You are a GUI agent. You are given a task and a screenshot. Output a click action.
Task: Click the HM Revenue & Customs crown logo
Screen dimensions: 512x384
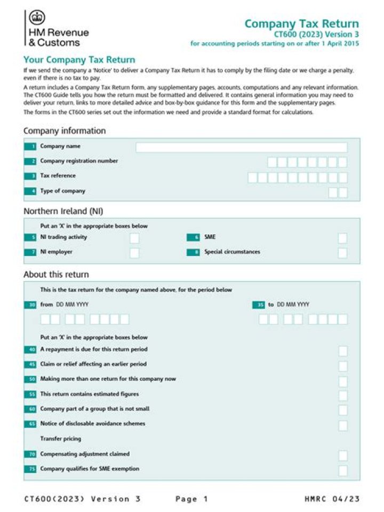coord(37,18)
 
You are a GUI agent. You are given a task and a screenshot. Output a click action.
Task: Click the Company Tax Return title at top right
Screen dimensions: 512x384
coord(301,24)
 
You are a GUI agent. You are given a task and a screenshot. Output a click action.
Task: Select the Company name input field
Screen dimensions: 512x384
coord(241,147)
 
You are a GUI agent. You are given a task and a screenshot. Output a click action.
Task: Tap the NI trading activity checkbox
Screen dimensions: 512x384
coord(134,238)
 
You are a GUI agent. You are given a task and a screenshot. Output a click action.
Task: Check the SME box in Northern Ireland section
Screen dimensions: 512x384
coord(342,238)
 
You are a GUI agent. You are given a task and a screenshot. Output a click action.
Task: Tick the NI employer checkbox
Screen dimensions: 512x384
coord(134,253)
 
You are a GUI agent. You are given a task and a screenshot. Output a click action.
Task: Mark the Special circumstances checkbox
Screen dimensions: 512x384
coord(342,253)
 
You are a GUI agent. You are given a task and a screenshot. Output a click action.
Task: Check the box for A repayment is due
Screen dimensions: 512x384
coord(343,350)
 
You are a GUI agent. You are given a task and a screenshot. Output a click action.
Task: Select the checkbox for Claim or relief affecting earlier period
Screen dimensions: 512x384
coord(343,366)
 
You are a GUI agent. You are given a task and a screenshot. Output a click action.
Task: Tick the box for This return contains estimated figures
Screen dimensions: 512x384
coord(343,395)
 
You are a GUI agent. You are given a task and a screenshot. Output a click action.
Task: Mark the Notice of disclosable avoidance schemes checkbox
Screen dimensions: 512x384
coord(343,425)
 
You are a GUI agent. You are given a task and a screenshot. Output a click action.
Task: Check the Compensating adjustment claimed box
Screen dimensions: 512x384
coord(343,455)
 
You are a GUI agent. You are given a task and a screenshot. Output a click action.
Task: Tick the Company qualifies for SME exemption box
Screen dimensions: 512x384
coord(343,470)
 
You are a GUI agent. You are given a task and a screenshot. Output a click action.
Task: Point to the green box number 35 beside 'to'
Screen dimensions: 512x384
coord(259,305)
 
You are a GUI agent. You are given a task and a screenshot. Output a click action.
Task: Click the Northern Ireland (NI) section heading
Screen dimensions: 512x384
coord(63,211)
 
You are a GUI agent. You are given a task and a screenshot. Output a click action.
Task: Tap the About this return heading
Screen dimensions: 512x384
coord(56,275)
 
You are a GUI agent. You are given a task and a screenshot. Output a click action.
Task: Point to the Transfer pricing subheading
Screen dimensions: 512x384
coord(61,439)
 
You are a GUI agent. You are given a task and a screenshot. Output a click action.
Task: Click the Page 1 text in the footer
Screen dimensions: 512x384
coord(192,499)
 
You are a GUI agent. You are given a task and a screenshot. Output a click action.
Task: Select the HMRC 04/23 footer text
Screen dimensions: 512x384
coord(332,499)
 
